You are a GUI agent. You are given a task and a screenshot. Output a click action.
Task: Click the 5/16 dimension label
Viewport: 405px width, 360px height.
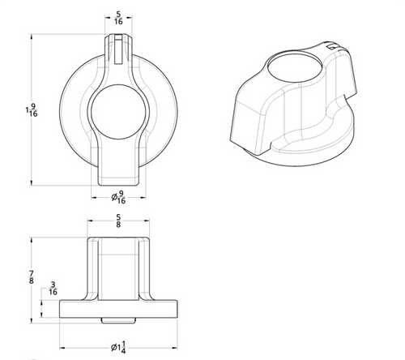pyautogui.click(x=118, y=18)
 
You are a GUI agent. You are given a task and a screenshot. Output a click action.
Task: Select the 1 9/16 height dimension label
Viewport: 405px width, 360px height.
pyautogui.click(x=32, y=110)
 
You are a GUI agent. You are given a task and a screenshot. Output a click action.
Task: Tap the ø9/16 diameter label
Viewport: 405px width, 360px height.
pyautogui.click(x=118, y=197)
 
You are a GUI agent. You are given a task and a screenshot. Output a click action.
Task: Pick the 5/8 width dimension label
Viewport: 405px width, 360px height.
pyautogui.click(x=118, y=221)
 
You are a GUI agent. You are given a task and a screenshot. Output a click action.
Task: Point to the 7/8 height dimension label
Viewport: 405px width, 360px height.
pyautogui.click(x=32, y=277)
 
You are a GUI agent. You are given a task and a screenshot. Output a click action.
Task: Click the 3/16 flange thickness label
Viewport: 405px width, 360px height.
pyautogui.click(x=53, y=288)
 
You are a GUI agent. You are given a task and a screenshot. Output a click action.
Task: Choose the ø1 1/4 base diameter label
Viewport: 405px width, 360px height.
pyautogui.click(x=118, y=348)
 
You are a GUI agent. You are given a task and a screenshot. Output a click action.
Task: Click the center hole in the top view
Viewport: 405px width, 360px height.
pyautogui.click(x=118, y=112)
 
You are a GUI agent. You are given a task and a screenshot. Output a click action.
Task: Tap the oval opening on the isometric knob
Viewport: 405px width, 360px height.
pyautogui.click(x=295, y=66)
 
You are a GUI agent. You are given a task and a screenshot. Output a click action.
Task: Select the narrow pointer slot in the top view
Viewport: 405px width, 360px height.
pyautogui.click(x=117, y=49)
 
